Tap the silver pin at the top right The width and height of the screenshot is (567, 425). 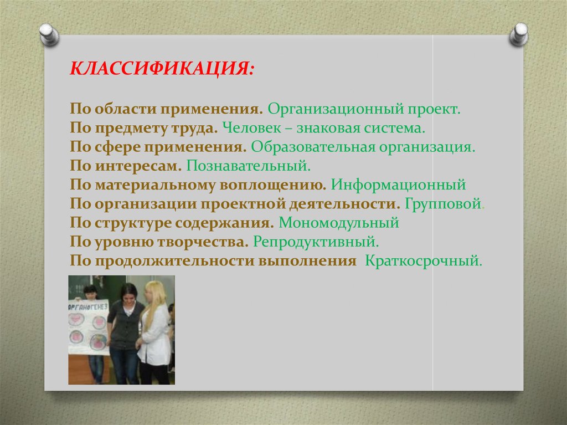[519, 34]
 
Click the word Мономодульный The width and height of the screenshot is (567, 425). [339, 223]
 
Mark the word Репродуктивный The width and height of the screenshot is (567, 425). [316, 242]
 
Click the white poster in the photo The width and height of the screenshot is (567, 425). [88, 327]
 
